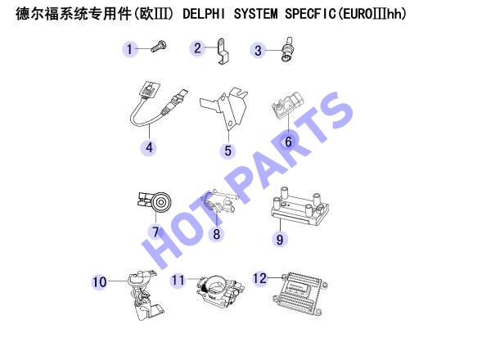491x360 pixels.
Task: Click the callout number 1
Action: pos(129,49)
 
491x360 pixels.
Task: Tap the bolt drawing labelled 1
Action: pos(159,47)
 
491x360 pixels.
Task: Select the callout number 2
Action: pos(197,48)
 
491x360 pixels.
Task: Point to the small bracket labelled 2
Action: pos(223,51)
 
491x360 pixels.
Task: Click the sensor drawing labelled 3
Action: pos(287,50)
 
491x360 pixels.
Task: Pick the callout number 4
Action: pos(150,148)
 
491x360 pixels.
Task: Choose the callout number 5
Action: pos(228,151)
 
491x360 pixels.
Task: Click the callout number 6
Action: pos(288,142)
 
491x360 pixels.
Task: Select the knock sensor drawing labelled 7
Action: pos(155,203)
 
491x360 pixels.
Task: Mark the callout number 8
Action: pos(216,234)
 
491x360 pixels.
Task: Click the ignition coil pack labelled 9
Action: pos(300,207)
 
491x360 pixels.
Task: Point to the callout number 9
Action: pos(280,240)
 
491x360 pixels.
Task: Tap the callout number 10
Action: pos(100,281)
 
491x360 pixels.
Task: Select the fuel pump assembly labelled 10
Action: pos(145,295)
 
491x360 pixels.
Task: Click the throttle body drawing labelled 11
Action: pos(220,290)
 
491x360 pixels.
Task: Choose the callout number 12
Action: pos(259,278)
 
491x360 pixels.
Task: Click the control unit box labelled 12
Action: pos(300,294)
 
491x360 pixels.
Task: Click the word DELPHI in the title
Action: pos(203,14)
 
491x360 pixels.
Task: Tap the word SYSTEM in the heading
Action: pos(255,14)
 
